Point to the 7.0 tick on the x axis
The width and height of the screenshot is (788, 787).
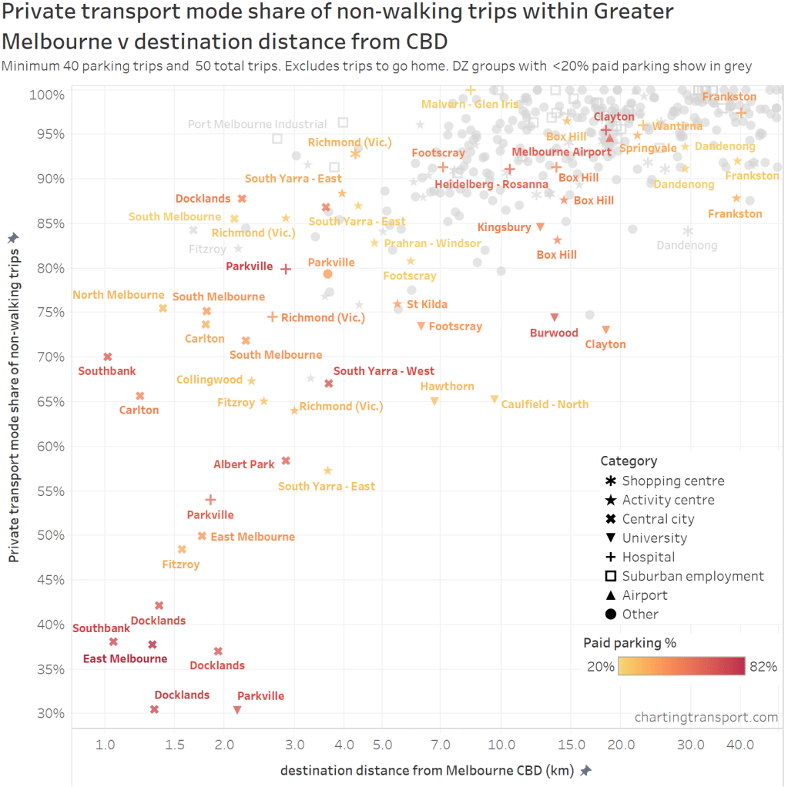[440, 745]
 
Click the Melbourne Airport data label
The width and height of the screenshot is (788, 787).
[562, 152]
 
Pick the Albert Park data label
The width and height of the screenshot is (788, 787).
[243, 464]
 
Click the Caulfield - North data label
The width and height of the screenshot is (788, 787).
[545, 404]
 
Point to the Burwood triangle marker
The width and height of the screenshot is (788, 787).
[554, 317]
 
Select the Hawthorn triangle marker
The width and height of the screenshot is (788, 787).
[434, 400]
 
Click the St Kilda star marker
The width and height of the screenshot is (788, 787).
[397, 304]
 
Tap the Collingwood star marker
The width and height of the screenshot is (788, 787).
[251, 380]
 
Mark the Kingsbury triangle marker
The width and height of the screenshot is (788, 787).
[540, 226]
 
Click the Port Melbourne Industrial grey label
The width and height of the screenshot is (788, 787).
[257, 124]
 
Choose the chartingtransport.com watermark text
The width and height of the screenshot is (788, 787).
[706, 717]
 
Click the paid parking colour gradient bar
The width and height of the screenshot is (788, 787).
[681, 666]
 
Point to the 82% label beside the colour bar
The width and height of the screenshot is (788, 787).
[763, 667]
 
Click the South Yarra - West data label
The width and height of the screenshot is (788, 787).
[384, 371]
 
